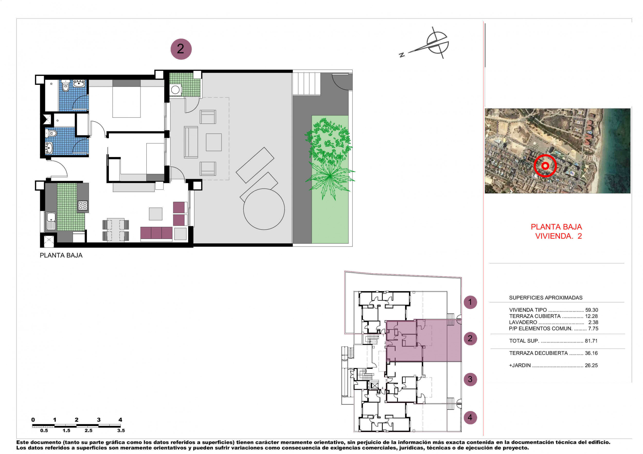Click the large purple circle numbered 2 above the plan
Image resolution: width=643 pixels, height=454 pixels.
[181, 49]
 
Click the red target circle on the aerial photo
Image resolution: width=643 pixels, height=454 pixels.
[545, 166]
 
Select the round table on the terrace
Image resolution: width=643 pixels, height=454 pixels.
[264, 209]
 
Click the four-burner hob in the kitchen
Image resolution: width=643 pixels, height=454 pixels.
[83, 205]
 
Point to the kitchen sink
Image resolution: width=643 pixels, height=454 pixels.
[51, 220]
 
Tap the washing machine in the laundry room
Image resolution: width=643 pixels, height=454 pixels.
[175, 90]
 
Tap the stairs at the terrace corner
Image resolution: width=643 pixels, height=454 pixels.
[306, 84]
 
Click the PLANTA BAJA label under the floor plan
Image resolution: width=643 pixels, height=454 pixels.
[61, 255]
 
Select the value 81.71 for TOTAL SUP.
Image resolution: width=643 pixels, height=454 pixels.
[591, 341]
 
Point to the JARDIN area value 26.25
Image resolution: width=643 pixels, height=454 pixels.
[591, 365]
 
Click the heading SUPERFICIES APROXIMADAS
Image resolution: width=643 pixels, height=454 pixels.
[546, 298]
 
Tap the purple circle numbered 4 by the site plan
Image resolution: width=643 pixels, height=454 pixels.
[470, 418]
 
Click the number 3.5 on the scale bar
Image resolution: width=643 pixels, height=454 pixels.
[121, 431]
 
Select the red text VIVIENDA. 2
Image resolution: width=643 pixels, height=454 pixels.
[558, 236]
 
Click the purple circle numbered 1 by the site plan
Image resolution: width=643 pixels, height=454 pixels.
[470, 302]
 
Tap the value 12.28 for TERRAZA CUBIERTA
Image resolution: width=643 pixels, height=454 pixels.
[591, 316]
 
